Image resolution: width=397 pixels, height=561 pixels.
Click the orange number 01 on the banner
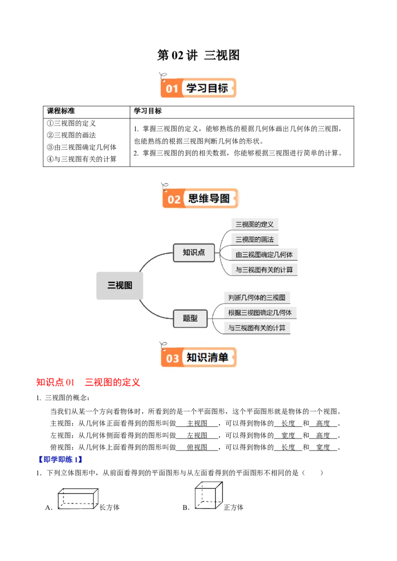[172, 89]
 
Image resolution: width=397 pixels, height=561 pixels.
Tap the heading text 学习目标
[207, 88]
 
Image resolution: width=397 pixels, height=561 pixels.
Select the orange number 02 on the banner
[174, 200]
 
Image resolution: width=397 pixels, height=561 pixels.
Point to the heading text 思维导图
[209, 199]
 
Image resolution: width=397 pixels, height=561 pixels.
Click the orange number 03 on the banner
[172, 358]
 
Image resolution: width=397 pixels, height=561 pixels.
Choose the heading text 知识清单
[207, 357]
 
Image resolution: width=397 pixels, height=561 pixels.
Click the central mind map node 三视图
[120, 285]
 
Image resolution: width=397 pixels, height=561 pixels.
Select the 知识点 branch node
[194, 252]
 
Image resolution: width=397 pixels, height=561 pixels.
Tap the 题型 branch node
[190, 318]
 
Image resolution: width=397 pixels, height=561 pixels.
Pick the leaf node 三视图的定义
[255, 224]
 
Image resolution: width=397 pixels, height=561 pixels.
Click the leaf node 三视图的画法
[255, 239]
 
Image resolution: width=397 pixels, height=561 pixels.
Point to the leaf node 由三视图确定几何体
[264, 255]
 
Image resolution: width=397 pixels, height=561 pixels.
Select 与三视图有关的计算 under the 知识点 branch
[264, 270]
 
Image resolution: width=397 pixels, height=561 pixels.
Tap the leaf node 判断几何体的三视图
[257, 297]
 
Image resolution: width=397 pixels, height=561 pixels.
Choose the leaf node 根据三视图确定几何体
[260, 313]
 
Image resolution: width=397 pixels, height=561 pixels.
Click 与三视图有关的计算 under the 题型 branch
[257, 328]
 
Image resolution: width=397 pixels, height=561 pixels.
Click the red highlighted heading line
[89, 383]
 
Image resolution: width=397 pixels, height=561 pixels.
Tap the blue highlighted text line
[60, 460]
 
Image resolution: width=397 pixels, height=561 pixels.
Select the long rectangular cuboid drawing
[78, 497]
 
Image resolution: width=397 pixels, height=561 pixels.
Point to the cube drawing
[207, 495]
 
